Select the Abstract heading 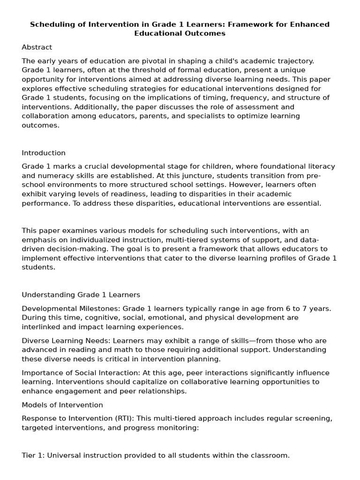tap(37, 47)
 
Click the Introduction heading tap(44, 153)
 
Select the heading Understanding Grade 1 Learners tap(81, 295)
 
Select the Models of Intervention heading tap(62, 405)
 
